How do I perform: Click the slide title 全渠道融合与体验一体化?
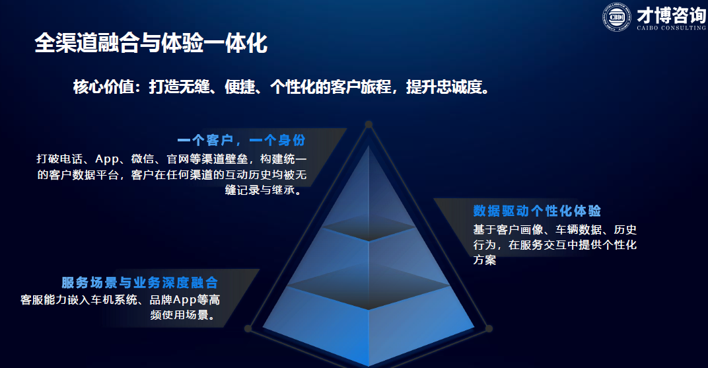151,43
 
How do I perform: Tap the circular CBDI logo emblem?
617,17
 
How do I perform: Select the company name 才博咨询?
671,15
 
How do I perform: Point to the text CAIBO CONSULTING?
671,28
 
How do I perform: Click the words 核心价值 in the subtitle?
104,87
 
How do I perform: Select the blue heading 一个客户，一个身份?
242,140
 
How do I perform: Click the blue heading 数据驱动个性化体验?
537,210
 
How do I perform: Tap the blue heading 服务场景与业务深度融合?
139,283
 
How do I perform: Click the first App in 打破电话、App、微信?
106,159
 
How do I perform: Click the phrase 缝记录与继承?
260,190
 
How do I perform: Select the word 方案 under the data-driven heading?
485,260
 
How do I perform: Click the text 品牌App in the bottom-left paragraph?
173,300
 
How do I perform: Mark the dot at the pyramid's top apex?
369,124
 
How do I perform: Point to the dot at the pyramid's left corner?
248,329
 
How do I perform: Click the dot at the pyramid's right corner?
489,329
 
